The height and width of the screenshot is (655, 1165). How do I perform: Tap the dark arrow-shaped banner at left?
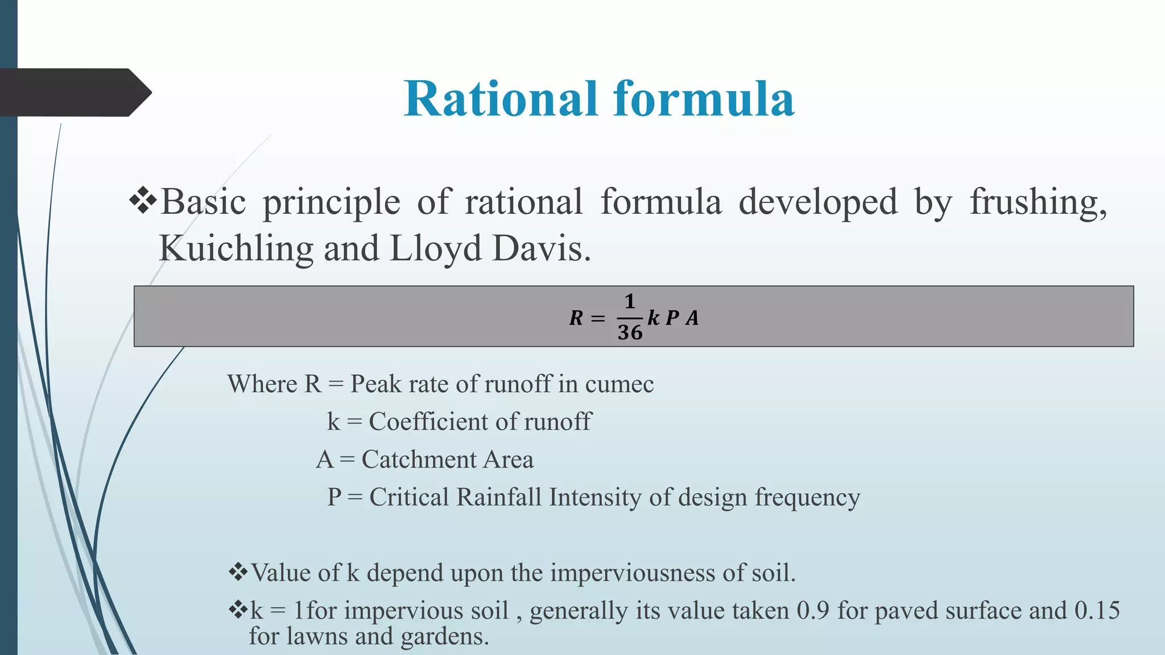(x=74, y=93)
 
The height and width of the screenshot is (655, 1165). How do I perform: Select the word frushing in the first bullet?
(x=1038, y=203)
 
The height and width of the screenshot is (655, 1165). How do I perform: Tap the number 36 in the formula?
(x=630, y=333)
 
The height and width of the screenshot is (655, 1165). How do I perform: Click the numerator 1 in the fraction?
(x=630, y=301)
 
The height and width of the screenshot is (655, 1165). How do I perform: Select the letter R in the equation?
(x=576, y=318)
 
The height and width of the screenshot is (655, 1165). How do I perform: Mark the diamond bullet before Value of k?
(x=238, y=571)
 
